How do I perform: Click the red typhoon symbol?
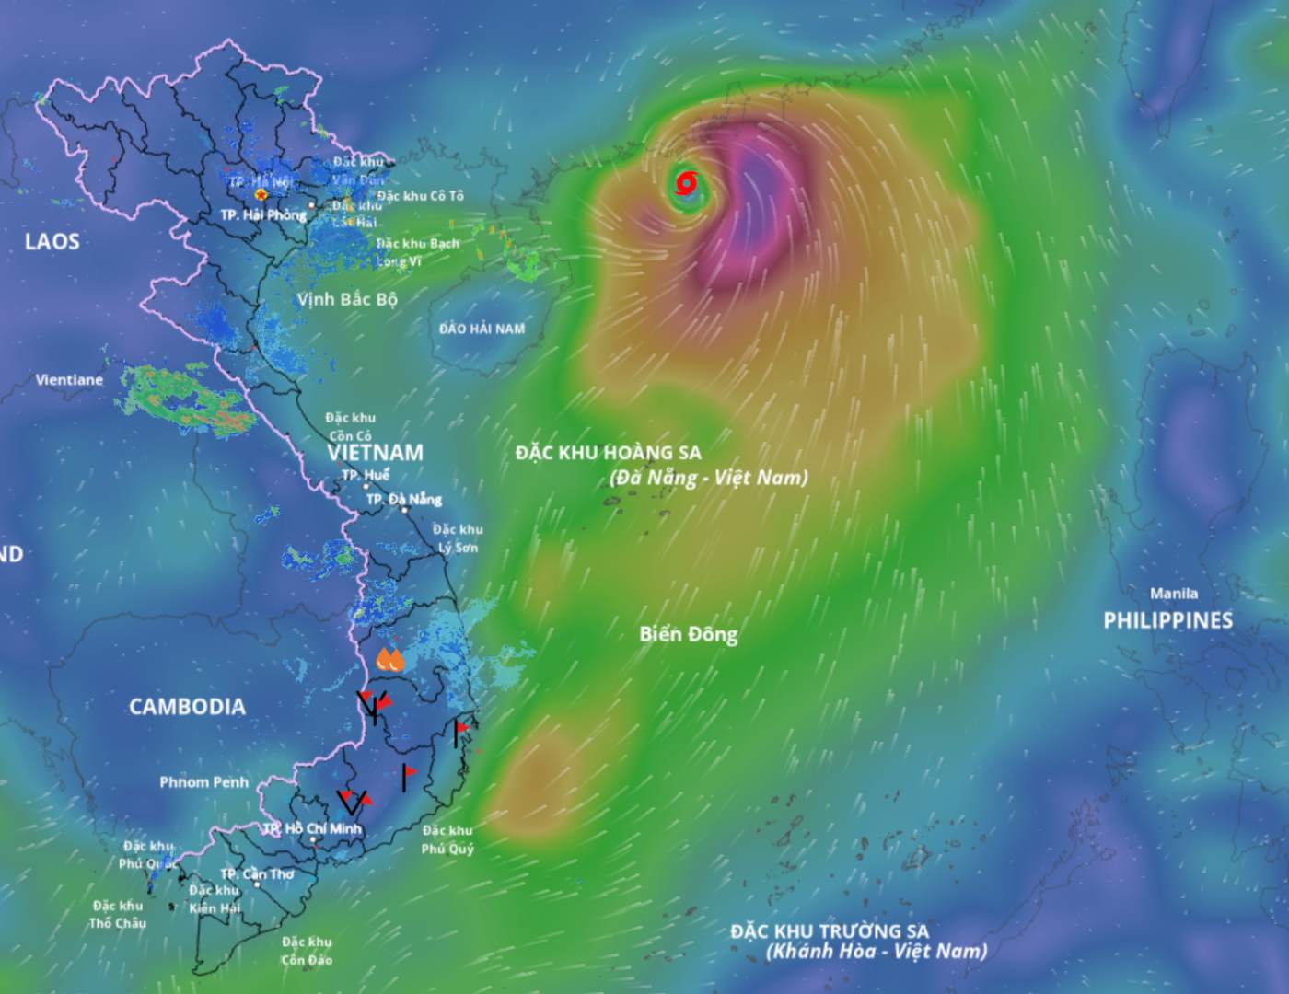686,183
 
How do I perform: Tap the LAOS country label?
52,242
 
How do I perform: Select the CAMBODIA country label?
187,707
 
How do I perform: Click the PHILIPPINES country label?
1167,620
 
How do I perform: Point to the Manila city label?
1174,594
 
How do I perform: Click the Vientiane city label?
69,379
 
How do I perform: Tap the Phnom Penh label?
203,782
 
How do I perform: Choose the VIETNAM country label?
375,453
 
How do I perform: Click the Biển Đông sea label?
689,634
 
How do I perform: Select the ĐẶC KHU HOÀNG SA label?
608,453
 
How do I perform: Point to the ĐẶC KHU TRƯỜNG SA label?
830,931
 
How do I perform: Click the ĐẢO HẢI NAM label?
482,329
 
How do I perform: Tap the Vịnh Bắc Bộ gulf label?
347,300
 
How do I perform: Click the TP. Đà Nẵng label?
403,500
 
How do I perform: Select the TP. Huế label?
365,476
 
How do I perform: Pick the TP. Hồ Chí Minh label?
312,829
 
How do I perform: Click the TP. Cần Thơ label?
257,874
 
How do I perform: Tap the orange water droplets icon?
390,659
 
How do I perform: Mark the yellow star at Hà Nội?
261,195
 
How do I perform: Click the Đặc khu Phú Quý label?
447,840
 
